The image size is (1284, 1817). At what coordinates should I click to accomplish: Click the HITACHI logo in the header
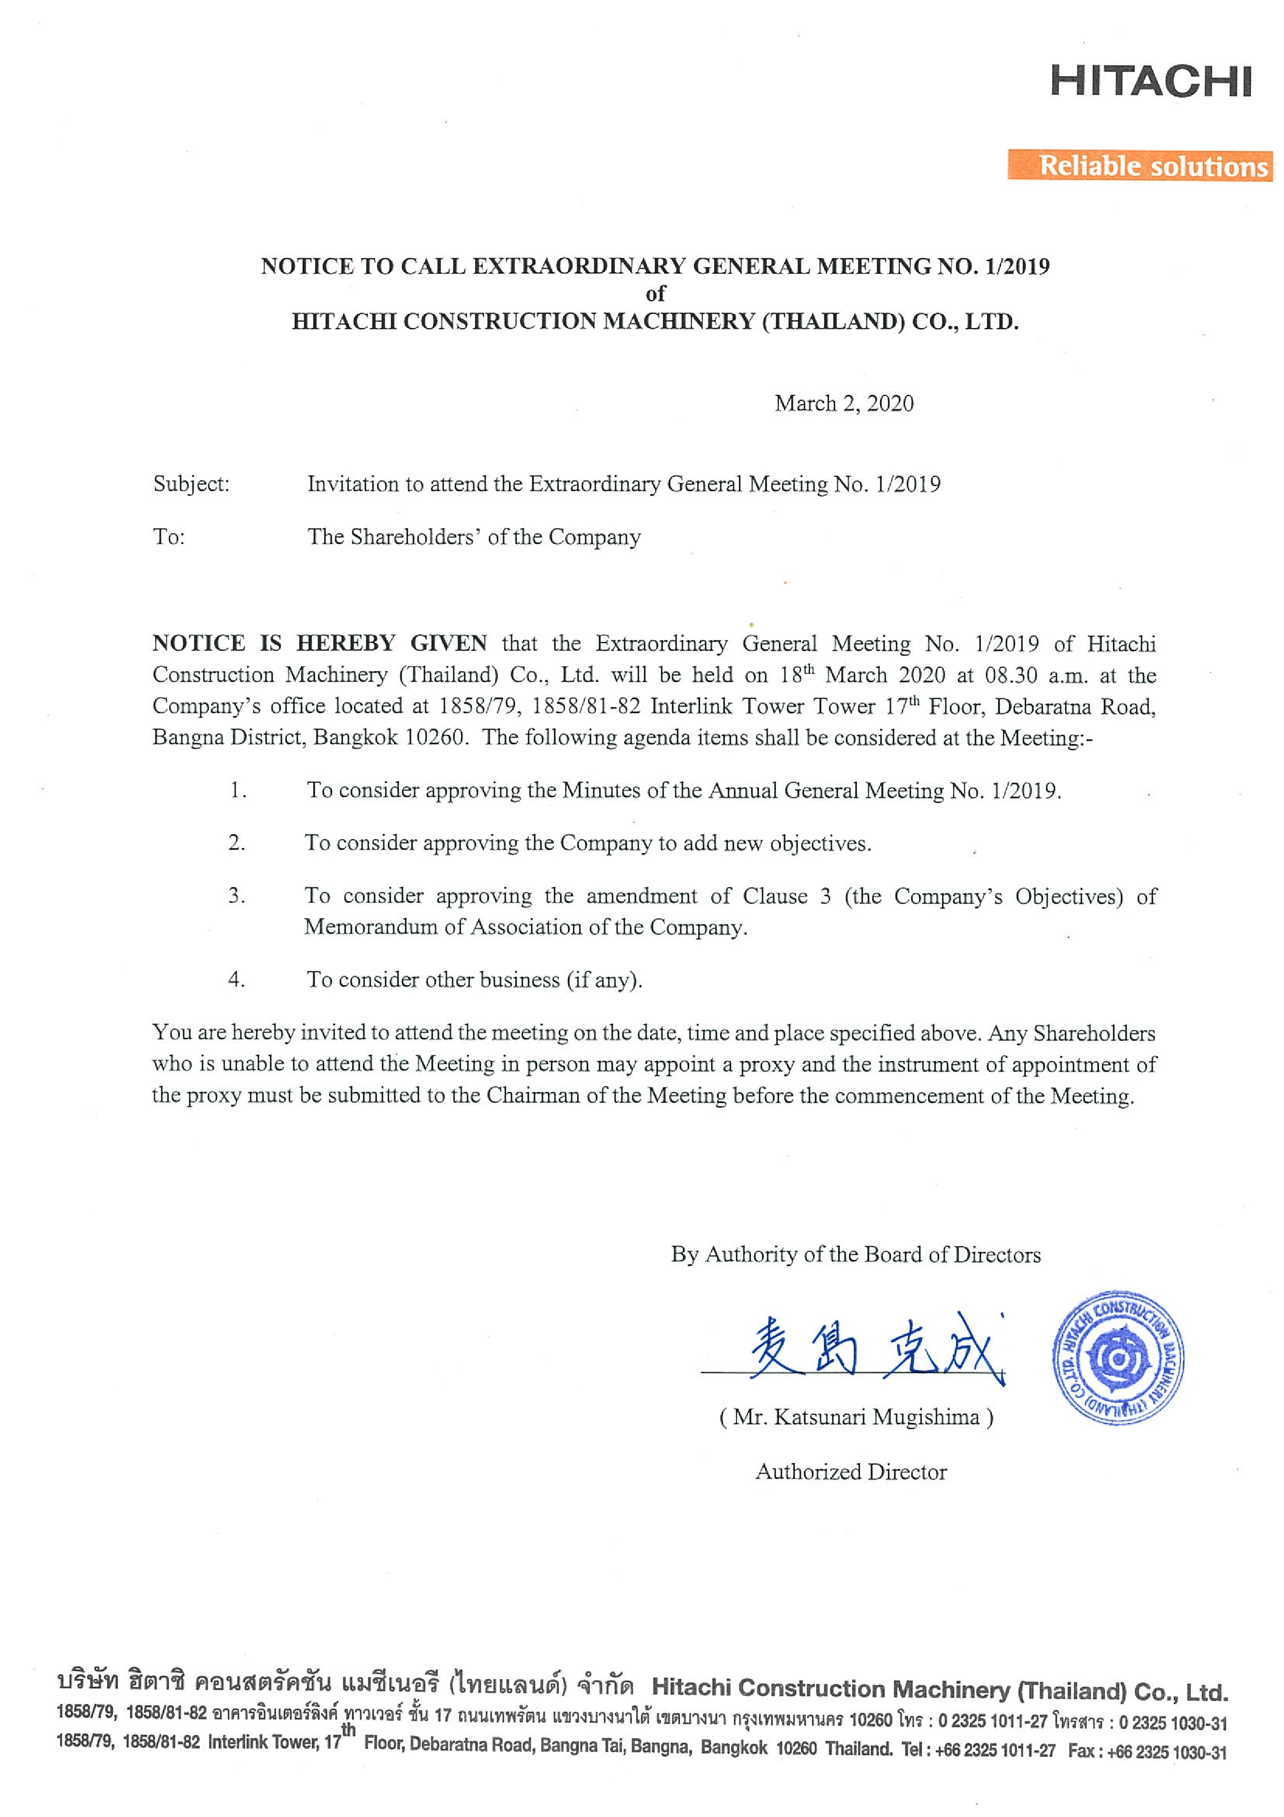coord(1150,81)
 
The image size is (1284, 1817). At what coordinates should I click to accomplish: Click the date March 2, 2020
coord(844,404)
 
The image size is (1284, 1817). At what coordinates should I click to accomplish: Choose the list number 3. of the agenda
coord(237,896)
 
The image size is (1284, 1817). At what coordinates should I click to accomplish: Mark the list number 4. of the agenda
coord(237,980)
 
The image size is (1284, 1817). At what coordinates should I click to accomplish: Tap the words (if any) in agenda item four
coord(603,980)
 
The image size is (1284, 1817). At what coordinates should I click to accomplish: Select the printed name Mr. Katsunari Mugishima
coord(856,1416)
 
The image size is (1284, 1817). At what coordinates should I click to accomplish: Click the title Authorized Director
coord(850,1471)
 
